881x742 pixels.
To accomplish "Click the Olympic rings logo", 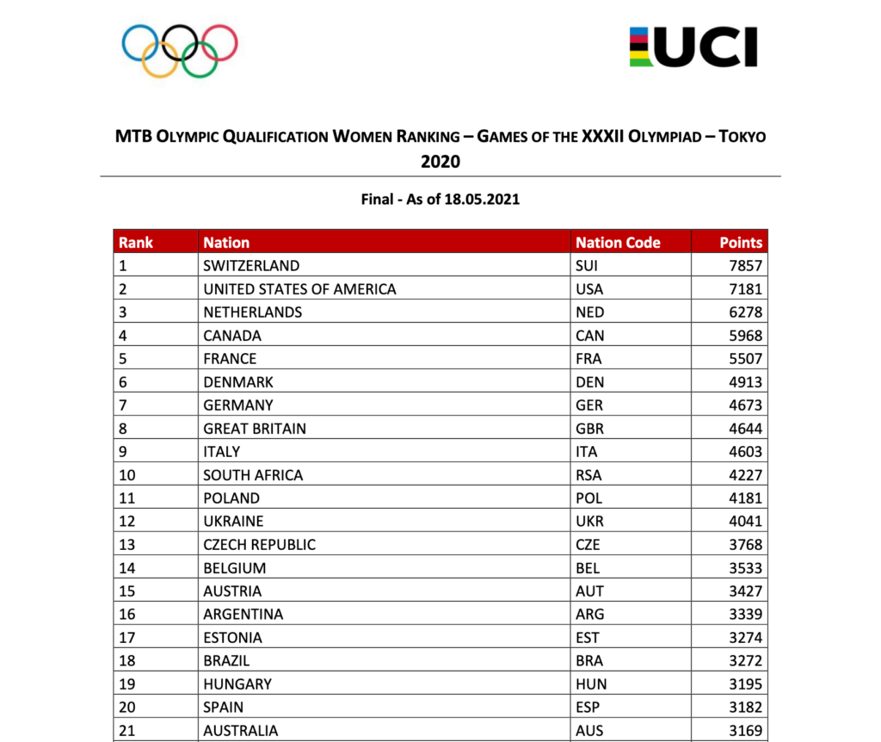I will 179,49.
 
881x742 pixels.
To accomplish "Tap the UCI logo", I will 693,47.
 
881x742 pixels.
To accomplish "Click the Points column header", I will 741,243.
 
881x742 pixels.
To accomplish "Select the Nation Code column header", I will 618,243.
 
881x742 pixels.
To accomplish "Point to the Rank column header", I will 135,243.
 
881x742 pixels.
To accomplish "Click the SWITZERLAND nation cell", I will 251,266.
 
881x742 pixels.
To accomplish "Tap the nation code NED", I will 590,312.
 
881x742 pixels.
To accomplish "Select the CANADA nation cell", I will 232,336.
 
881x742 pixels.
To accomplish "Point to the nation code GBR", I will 590,429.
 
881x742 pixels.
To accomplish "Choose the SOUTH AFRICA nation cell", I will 253,475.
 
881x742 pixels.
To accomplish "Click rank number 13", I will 127,545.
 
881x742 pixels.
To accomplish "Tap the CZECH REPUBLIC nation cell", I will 259,545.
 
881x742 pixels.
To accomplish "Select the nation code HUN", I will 591,684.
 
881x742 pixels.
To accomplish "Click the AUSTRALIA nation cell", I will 241,731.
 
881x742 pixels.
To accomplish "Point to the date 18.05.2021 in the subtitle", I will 481,200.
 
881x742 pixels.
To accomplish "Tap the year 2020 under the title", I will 440,161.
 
